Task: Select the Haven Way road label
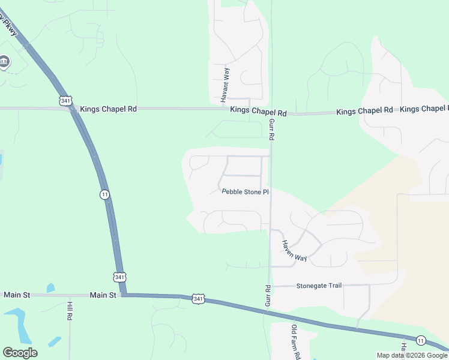coord(295,250)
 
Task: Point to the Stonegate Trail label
coord(319,286)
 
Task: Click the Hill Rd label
coord(70,310)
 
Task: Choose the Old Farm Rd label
coord(295,342)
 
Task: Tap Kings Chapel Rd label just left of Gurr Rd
coord(259,112)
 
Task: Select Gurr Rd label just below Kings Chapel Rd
coord(271,130)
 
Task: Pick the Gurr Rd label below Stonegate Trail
coord(268,296)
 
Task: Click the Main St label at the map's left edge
coord(17,295)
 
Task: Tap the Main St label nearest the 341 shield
coord(103,295)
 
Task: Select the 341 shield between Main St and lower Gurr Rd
coord(198,298)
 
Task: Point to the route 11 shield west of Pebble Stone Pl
coord(104,194)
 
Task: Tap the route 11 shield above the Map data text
coord(421,340)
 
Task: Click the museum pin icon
coord(4,62)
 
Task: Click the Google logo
coord(20,353)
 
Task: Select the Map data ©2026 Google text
coord(412,355)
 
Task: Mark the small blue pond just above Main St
coord(51,288)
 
